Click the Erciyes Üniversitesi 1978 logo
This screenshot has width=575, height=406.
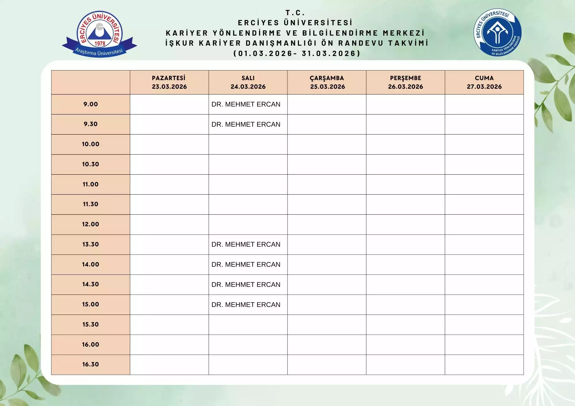coord(99,34)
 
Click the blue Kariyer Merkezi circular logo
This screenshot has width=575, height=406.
coord(497,32)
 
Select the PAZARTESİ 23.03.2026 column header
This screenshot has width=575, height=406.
coord(169,82)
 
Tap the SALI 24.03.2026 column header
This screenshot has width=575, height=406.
coord(248,82)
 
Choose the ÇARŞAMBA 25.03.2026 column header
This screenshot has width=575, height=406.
coord(327,82)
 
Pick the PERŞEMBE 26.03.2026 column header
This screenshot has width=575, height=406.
coord(405,82)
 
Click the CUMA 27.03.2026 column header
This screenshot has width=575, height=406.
coord(484,82)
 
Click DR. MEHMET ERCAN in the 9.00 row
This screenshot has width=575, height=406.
coord(246,104)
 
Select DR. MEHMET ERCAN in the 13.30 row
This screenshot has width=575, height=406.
coord(246,244)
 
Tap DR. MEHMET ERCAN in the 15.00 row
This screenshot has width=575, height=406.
coord(246,305)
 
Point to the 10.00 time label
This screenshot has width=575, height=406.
coord(91,144)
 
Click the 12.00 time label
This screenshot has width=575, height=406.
coord(91,224)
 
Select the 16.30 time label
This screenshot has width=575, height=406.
coord(91,364)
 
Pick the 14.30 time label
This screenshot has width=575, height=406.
coord(91,284)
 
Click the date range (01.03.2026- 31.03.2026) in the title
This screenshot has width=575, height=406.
coord(297,53)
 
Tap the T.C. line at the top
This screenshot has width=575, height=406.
coord(295,13)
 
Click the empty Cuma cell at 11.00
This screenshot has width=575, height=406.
coord(484,184)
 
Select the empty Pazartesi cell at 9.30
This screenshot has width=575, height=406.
coord(169,124)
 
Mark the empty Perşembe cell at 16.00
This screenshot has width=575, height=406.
coord(405,345)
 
